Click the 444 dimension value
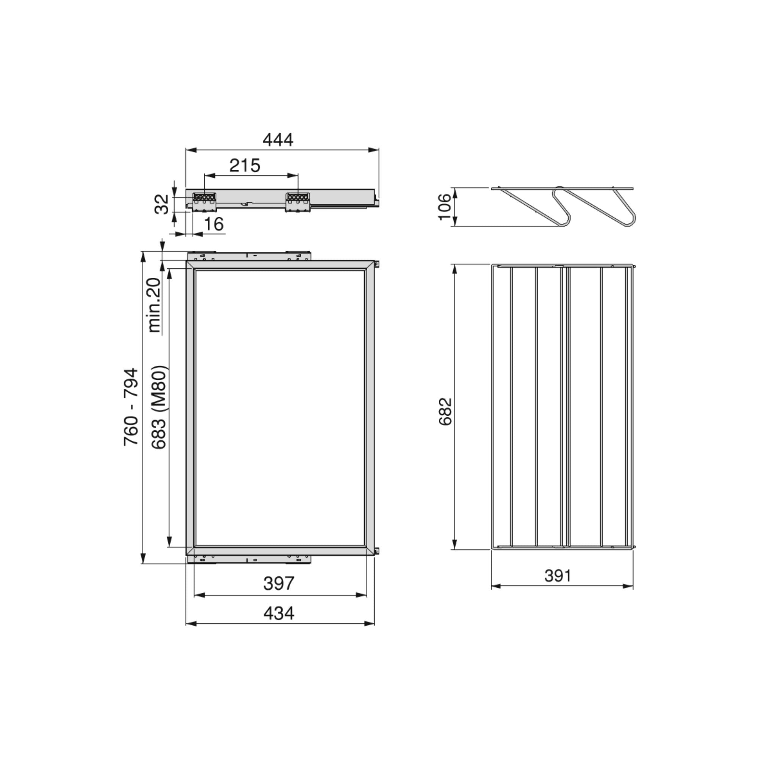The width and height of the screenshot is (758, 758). (x=278, y=140)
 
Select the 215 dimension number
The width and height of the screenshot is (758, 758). (x=245, y=166)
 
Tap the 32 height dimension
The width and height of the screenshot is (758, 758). (x=162, y=204)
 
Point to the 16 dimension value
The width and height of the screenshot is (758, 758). (x=214, y=224)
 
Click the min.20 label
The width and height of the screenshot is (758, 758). (x=155, y=305)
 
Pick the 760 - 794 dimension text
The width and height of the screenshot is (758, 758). (x=131, y=406)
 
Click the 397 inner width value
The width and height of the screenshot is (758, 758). (x=279, y=583)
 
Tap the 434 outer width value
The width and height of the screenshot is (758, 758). (x=279, y=613)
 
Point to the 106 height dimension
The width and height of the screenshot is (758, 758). (x=445, y=207)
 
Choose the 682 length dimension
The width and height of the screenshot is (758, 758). (x=446, y=412)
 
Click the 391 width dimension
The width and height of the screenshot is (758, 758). (x=558, y=576)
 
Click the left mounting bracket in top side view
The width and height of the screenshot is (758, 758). (x=204, y=201)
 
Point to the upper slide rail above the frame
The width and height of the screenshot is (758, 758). (x=249, y=256)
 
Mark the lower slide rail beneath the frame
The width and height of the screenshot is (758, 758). (x=249, y=559)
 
